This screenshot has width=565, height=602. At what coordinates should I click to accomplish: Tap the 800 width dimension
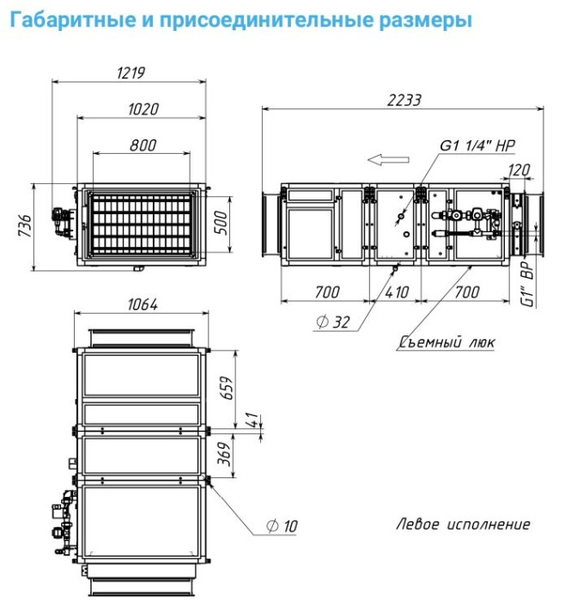pyautogui.click(x=143, y=144)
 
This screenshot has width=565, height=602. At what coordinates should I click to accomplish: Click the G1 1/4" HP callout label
pyautogui.click(x=477, y=145)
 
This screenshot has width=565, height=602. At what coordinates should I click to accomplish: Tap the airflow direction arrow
pyautogui.click(x=383, y=158)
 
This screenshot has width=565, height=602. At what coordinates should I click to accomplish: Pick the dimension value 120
pyautogui.click(x=520, y=170)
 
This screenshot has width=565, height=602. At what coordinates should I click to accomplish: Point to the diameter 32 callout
pyautogui.click(x=333, y=322)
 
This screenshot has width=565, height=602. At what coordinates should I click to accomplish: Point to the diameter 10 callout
pyautogui.click(x=284, y=524)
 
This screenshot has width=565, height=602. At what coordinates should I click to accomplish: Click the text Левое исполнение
pyautogui.click(x=463, y=524)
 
